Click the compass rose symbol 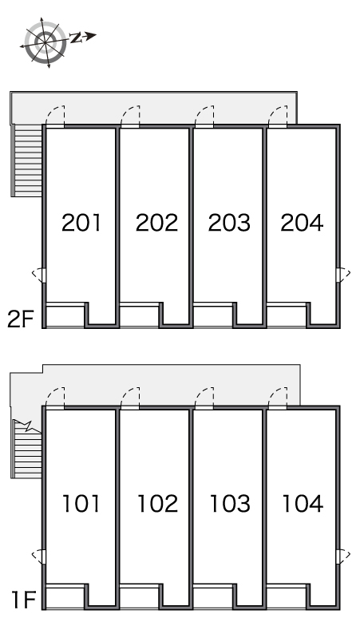coord(45,42)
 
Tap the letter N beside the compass coord(76,38)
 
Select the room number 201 coord(81,223)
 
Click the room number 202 coord(156,223)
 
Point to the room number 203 coord(229,223)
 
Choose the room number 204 coord(302,223)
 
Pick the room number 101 coord(81,504)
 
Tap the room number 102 coord(157,504)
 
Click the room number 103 coord(230,504)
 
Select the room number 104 coord(303,504)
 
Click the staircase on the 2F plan coord(27,160)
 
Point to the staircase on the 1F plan coord(27,449)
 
